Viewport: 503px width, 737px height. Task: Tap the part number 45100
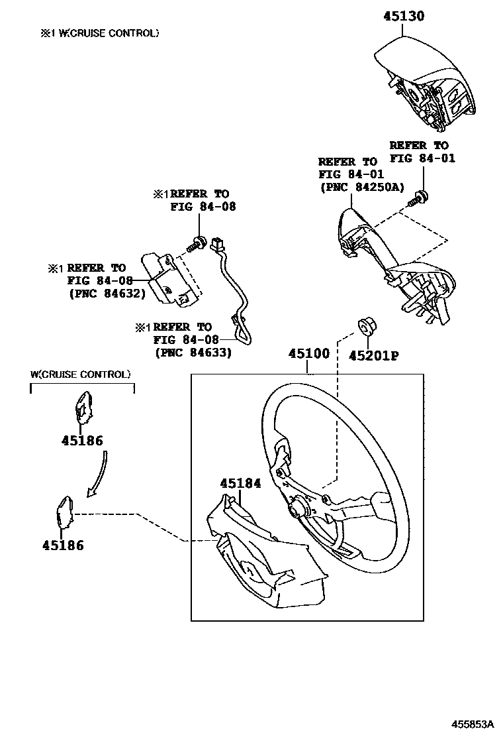(x=308, y=355)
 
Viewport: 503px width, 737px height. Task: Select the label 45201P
(x=374, y=355)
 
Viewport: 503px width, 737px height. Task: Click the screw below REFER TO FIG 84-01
(x=418, y=196)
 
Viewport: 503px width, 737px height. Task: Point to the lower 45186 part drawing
(x=65, y=513)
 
